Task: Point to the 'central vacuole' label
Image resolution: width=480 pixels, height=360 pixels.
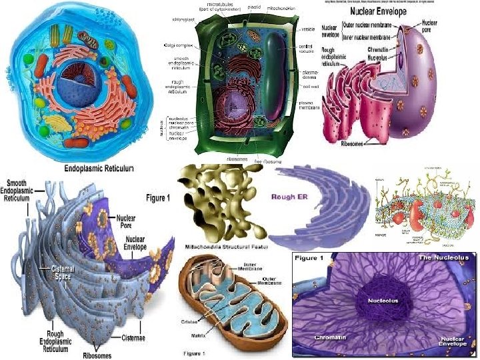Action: coord(307,49)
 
